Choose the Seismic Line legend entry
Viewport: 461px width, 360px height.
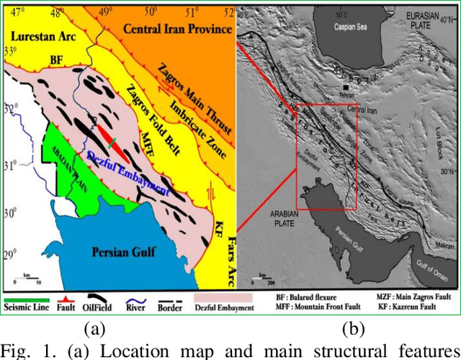click(27, 308)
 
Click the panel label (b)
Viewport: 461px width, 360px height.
click(352, 330)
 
